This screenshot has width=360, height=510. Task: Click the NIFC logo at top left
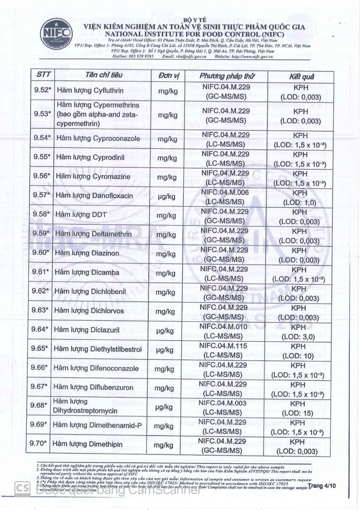pos(56,34)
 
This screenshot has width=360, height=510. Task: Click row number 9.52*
pos(43,90)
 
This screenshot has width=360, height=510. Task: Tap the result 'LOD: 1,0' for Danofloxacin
pos(299,202)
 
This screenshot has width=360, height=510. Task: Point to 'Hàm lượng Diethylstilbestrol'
pos(98,349)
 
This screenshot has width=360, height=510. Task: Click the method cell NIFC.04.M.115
pos(224,346)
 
